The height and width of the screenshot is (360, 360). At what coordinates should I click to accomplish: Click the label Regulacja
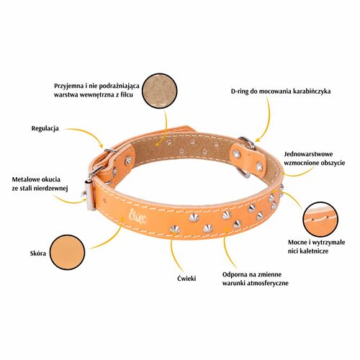[x=45, y=129]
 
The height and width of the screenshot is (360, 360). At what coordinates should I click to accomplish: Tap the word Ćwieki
[x=186, y=278]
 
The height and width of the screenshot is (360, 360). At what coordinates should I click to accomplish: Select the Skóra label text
[x=38, y=253]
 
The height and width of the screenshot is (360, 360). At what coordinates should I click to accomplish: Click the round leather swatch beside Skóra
[x=68, y=252]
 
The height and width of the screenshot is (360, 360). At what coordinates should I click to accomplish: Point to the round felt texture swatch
[x=160, y=91]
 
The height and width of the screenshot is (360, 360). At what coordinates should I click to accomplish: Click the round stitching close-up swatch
[x=320, y=220]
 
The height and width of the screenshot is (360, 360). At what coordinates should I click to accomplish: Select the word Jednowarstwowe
[x=308, y=154]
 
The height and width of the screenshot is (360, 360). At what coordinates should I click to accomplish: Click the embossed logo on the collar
[x=138, y=216]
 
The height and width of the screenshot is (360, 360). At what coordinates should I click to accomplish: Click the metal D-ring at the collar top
[x=248, y=143]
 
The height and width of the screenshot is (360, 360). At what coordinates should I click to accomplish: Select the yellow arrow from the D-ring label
[x=268, y=120]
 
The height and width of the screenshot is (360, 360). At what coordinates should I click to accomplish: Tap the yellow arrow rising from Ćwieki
[x=174, y=253]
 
